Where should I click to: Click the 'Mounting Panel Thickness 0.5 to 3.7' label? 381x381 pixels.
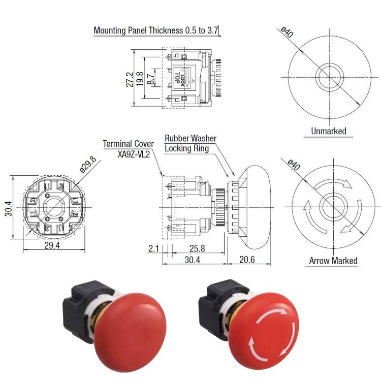click(156, 30)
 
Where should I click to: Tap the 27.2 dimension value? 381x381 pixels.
click(131, 79)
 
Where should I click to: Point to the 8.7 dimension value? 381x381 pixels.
click(150, 79)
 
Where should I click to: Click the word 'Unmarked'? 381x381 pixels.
click(328, 131)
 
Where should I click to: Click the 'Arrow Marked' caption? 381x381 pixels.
click(333, 261)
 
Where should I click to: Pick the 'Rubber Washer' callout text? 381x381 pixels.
click(190, 138)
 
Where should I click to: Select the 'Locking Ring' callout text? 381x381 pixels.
click(187, 148)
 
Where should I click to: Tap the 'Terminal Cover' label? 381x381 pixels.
click(128, 143)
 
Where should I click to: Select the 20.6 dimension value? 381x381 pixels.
click(246, 260)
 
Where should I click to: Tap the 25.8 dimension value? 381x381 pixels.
click(197, 249)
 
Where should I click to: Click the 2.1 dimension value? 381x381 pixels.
click(154, 249)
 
